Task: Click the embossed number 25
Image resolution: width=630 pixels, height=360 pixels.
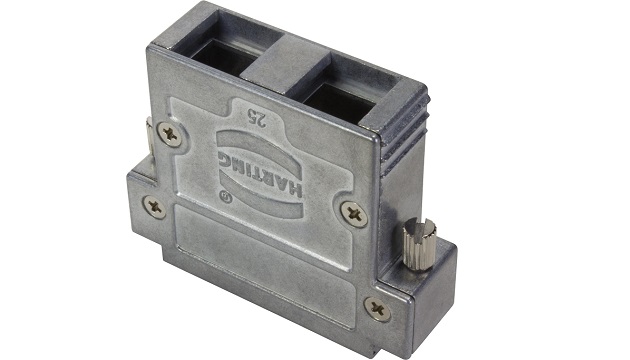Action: coord(257,117)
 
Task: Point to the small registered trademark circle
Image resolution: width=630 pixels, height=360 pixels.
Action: coord(226,198)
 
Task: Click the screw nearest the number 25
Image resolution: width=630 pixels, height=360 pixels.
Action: coord(169,134)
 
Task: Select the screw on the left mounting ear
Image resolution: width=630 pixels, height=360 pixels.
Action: coord(155,207)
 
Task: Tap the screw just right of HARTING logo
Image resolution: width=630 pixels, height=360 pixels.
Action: coord(354,214)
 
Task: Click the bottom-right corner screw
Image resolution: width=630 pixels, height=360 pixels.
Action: coord(377,309)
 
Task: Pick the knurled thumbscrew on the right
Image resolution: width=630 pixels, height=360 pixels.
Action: coord(419,244)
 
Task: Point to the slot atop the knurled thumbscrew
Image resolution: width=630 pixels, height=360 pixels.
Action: coord(419,229)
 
